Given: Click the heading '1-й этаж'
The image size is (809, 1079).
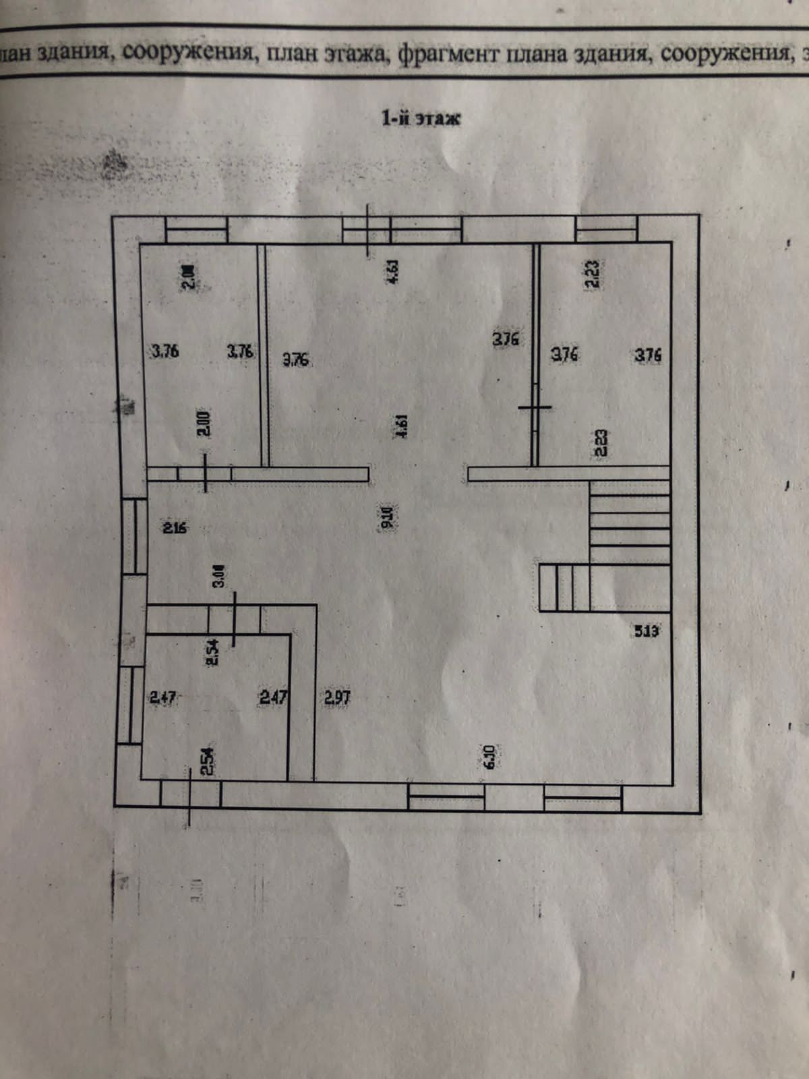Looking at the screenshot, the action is tap(421, 119).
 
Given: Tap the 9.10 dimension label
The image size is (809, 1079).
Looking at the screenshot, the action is tap(386, 516).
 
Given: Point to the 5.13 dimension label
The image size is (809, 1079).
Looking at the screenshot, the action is tap(647, 631).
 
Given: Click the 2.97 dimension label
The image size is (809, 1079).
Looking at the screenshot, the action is tap(337, 697).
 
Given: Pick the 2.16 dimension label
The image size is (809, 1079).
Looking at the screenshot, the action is tap(175, 527).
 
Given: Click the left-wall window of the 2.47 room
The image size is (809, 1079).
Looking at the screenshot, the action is tap(129, 705).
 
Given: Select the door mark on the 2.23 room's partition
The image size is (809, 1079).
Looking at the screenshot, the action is tap(535, 407).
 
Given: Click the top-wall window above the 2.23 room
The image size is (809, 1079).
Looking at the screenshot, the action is tap(606, 229).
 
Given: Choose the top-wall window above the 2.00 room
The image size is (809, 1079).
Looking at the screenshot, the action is tap(197, 229).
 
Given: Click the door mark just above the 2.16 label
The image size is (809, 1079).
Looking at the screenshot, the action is tap(206, 473).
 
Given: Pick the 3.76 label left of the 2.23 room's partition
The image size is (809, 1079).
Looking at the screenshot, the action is tap(506, 339).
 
